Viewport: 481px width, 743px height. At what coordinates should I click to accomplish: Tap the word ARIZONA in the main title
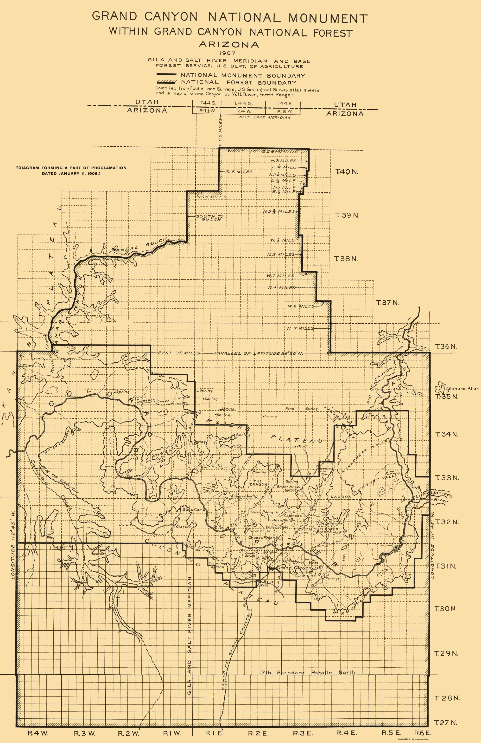(229, 45)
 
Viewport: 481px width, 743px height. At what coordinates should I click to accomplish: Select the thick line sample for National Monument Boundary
(167, 75)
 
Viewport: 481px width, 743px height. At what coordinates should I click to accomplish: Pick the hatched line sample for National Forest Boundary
(167, 82)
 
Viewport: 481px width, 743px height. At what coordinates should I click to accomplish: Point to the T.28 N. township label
(446, 698)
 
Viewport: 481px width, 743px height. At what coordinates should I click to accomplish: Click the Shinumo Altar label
(463, 388)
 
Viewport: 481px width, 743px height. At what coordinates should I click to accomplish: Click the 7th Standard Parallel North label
(307, 672)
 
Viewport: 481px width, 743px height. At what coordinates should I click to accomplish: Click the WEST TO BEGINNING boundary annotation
(263, 151)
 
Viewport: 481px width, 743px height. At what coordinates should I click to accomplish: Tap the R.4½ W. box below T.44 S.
(206, 111)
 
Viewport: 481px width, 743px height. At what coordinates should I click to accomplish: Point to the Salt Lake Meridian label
(265, 117)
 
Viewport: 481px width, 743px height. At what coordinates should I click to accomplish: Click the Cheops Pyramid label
(264, 538)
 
